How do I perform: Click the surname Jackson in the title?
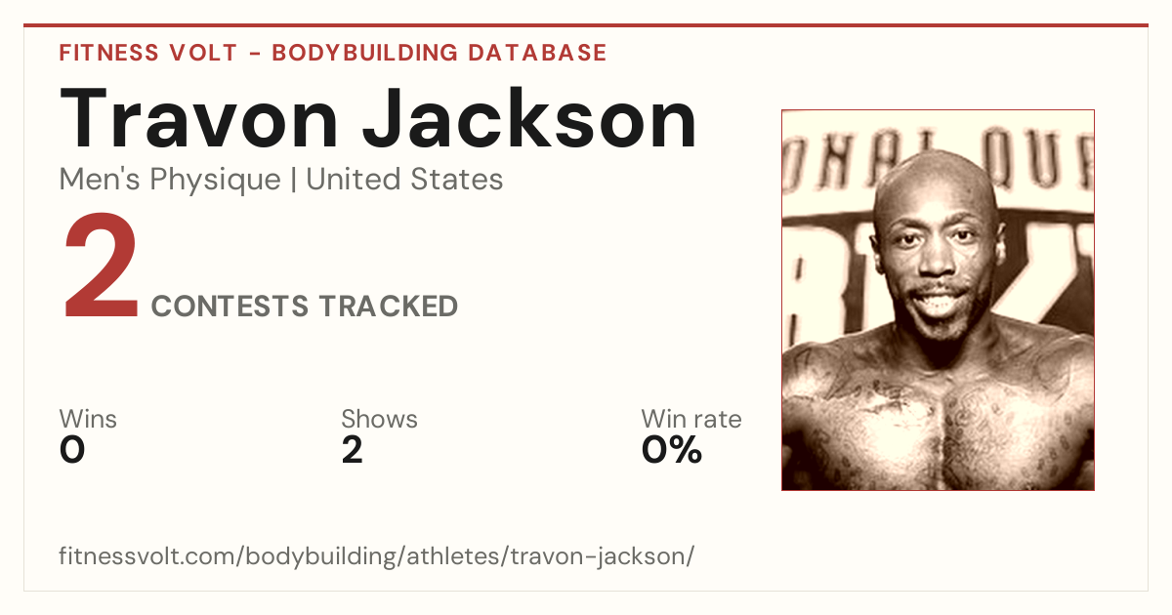click(529, 118)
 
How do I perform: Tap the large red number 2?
click(101, 266)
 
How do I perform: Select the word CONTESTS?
click(230, 306)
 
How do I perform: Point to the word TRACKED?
click(389, 306)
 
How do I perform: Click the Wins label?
click(88, 419)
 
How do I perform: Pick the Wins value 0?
click(72, 450)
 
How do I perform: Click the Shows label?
click(379, 419)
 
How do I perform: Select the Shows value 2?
click(353, 450)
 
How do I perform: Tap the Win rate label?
click(691, 419)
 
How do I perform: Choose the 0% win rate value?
click(672, 450)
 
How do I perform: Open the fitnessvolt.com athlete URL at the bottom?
click(377, 555)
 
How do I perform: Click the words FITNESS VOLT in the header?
click(148, 53)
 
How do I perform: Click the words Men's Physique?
click(170, 180)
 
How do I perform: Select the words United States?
click(404, 180)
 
